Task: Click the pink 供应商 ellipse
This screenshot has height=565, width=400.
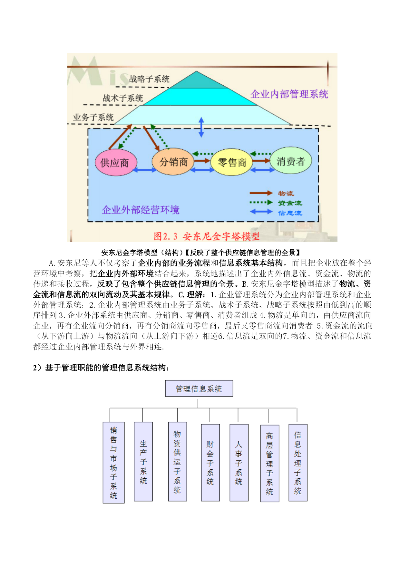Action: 116,162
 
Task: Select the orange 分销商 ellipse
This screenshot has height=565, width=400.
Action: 173,161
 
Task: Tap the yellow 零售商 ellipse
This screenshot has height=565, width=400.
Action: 231,162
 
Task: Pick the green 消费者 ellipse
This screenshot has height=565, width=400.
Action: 291,160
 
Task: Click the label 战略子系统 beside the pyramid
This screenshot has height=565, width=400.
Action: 149,79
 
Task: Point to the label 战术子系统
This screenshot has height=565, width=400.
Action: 122,98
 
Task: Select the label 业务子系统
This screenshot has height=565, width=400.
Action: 93,117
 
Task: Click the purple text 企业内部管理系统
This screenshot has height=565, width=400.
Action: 289,94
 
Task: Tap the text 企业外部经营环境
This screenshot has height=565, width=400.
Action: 141,210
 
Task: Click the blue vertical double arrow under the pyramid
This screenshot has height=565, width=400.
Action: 201,127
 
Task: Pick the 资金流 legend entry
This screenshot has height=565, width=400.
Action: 276,203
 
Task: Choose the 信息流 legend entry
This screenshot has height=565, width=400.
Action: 276,212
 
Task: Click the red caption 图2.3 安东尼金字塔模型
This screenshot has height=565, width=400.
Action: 206,236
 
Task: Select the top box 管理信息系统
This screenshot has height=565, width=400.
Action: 199,388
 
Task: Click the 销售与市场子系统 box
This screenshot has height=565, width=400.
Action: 113,463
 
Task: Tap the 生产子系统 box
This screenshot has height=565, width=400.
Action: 143,462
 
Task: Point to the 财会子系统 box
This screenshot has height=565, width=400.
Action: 210,463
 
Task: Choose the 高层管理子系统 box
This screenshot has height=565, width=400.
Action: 270,463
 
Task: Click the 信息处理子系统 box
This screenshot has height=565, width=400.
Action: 298,463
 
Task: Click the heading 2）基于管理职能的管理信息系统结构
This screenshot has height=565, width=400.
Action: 101,368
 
